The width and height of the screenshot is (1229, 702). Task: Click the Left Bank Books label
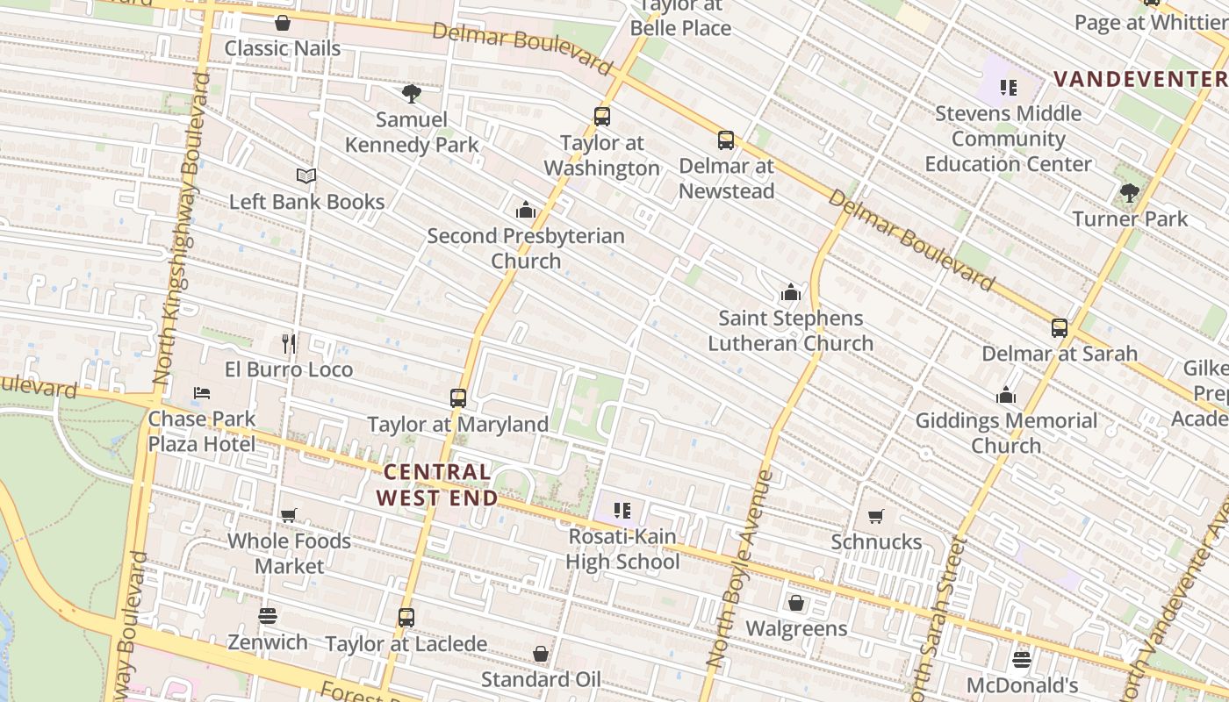[306, 202]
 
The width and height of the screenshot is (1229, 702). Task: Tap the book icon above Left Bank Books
[305, 176]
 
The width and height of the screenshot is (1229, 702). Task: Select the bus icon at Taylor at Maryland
[457, 398]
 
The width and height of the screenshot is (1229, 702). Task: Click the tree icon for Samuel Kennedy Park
[411, 94]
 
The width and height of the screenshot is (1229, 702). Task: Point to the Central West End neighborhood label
[437, 485]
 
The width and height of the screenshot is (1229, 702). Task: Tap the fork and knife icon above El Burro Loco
[289, 343]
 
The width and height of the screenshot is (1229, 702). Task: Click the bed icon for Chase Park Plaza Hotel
[202, 392]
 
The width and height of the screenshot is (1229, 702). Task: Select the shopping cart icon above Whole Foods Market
[289, 515]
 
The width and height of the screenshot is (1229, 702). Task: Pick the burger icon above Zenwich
[268, 616]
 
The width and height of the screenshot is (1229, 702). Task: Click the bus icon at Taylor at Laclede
[406, 618]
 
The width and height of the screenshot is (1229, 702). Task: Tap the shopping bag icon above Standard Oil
[541, 654]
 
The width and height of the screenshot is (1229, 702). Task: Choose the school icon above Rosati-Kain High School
[622, 510]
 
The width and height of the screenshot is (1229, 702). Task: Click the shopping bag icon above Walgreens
[796, 603]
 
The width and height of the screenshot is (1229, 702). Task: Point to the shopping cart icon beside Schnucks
[875, 516]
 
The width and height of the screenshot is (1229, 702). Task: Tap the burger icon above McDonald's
[1021, 659]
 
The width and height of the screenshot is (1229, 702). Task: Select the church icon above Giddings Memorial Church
[1006, 396]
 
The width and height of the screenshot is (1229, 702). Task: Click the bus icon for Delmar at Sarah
[1060, 328]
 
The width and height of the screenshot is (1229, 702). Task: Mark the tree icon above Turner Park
[1130, 193]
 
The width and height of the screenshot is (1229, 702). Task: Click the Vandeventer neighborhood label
[1140, 79]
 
